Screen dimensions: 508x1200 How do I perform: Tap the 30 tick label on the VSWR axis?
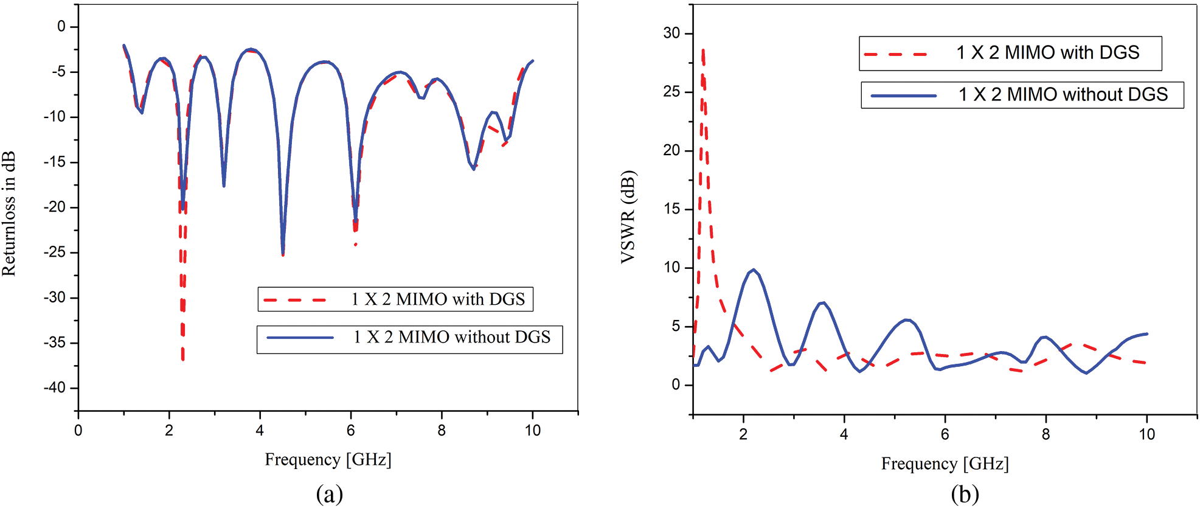point(671,33)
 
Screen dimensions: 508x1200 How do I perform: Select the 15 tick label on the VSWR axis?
point(671,209)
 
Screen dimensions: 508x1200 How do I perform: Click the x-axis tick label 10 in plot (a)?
point(532,431)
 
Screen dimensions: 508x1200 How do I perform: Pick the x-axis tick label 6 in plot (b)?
point(945,434)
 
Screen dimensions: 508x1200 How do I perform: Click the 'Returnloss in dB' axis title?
point(9,213)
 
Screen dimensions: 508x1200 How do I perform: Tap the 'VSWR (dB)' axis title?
point(628,217)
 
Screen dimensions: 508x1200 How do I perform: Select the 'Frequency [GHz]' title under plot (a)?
point(328,459)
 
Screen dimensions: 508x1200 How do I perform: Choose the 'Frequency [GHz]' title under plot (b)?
point(945,464)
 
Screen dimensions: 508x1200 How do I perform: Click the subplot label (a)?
point(329,493)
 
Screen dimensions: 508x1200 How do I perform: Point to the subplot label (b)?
point(965,493)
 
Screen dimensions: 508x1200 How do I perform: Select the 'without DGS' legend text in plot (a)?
point(452,337)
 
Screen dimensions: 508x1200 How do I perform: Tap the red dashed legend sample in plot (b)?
point(895,54)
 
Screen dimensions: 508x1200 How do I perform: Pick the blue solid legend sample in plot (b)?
point(903,96)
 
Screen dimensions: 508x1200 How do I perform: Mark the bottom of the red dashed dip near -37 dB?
point(182,360)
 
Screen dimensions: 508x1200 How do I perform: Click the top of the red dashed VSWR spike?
point(703,50)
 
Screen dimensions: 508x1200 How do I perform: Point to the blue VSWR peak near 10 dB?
point(754,270)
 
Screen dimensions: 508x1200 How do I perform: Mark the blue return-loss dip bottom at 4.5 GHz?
point(283,254)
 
